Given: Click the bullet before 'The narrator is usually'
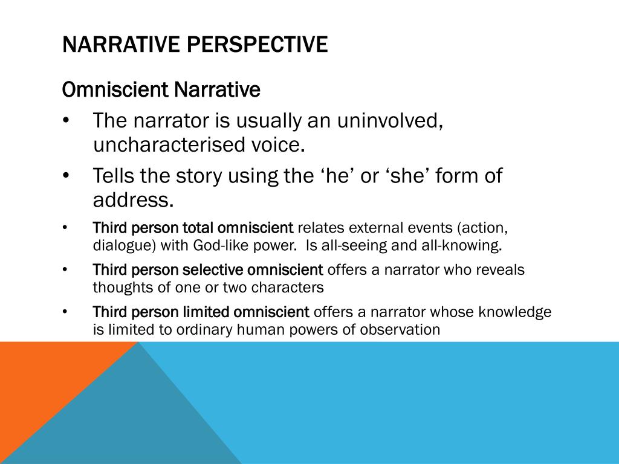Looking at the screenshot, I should [65, 121].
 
